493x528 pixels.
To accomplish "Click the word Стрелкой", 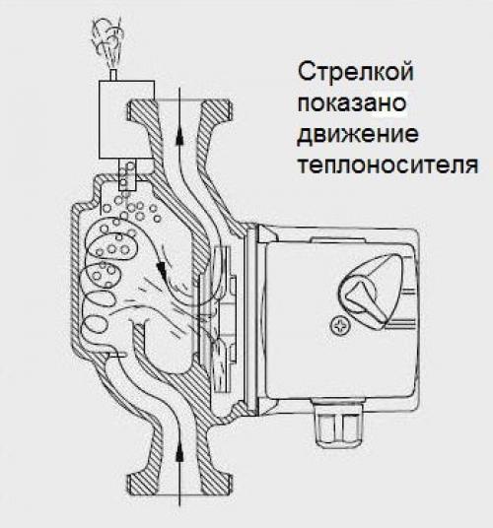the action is (356, 72).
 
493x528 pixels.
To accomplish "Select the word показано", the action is (352, 103).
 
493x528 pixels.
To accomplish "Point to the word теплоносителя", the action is (388, 165).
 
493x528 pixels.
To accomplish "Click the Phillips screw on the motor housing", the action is (340, 326).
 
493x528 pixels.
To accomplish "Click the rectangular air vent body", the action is (126, 119).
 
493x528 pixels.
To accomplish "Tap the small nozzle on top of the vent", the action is (113, 75).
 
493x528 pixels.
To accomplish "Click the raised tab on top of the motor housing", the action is (337, 239).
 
